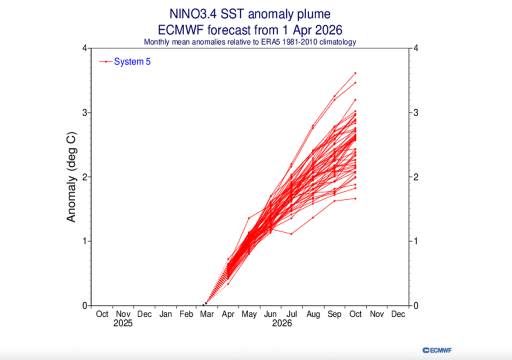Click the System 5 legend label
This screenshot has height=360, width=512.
(x=132, y=61)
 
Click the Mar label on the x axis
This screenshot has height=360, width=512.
(x=207, y=314)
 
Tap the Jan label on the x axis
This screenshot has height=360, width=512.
(x=165, y=314)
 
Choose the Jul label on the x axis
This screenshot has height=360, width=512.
(x=291, y=314)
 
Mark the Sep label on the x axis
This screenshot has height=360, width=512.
(x=334, y=314)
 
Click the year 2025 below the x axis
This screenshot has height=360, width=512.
(x=123, y=323)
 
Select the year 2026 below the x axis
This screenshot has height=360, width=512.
(x=281, y=323)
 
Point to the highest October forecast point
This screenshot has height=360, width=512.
(x=355, y=73)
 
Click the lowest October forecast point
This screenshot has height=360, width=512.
(x=355, y=198)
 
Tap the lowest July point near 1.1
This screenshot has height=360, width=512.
(x=291, y=234)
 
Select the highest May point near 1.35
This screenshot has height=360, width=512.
(x=249, y=218)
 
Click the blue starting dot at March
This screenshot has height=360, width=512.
(x=205, y=303)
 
